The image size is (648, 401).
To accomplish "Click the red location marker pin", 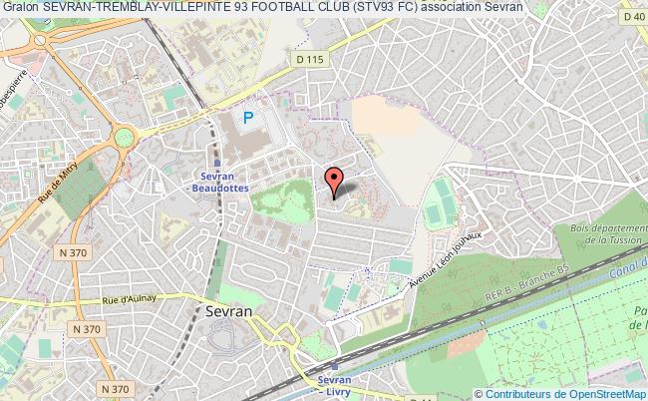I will (335, 179).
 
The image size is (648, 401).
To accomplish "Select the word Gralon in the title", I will (20, 8).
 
